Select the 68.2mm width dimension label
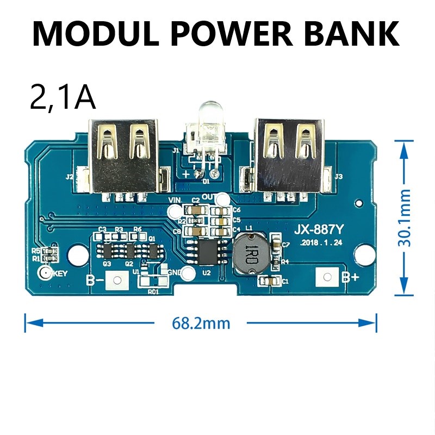coord(201,324)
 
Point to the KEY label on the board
coord(58,274)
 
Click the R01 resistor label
coord(153,291)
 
